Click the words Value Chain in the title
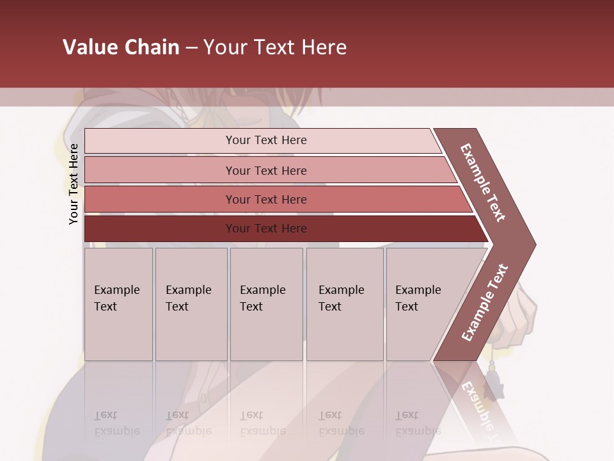(121, 47)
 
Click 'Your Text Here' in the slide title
(275, 47)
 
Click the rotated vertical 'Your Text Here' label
(74, 184)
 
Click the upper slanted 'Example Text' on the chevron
(483, 182)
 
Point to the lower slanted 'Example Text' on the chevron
(485, 303)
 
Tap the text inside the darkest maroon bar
(266, 229)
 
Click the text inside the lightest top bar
(266, 140)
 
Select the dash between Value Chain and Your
(191, 48)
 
